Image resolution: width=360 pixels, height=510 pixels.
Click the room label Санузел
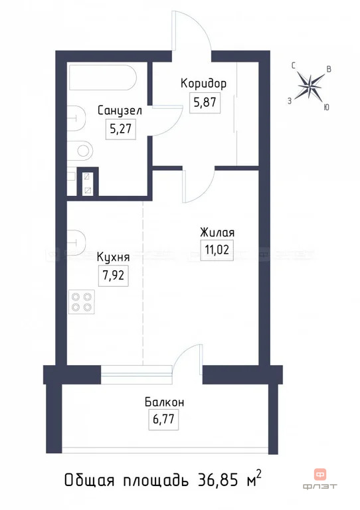pos(120,110)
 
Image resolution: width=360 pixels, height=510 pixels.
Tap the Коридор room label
pos(204,84)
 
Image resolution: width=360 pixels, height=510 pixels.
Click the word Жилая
pos(217,232)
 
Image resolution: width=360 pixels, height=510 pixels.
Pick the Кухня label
pos(113,256)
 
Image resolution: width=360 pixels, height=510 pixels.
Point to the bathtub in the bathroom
pos(102,80)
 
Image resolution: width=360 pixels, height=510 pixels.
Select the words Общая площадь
pos(126,479)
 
